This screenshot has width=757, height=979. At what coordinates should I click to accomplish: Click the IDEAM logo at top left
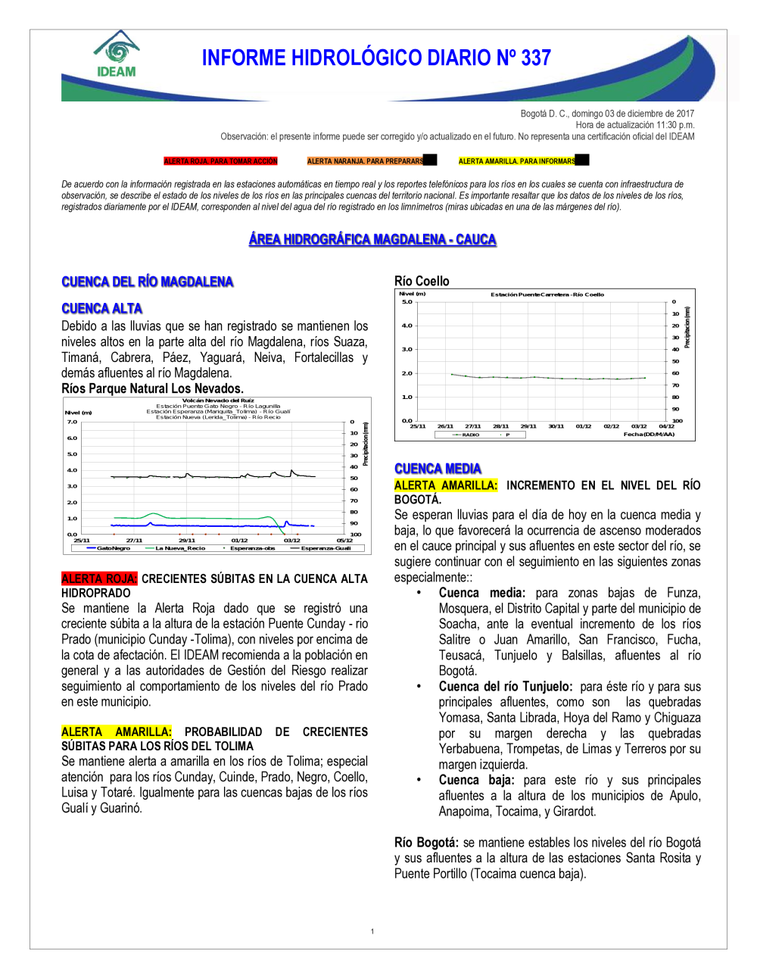tap(116, 55)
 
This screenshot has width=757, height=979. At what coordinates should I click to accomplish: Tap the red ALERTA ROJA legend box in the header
tap(221, 161)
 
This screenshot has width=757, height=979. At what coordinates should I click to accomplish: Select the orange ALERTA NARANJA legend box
tap(366, 161)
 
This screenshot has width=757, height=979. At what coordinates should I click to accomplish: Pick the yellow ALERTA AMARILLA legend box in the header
tap(517, 161)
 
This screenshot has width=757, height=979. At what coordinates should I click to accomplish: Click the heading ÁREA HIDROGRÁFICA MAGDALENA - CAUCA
tap(372, 240)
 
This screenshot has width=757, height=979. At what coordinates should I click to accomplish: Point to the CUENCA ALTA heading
tap(102, 308)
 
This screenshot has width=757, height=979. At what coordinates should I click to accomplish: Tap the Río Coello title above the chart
tap(422, 281)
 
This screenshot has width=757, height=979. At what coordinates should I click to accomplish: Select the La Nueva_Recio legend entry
tap(179, 548)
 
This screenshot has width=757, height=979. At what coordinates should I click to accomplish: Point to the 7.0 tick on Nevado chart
tap(72, 422)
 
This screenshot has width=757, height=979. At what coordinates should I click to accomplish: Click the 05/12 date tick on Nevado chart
tap(344, 541)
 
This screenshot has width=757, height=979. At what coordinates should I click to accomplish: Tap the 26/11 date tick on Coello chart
tap(445, 426)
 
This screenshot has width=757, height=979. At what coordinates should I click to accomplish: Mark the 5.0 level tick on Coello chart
tap(407, 302)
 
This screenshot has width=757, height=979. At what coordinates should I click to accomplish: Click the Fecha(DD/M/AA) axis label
tap(649, 435)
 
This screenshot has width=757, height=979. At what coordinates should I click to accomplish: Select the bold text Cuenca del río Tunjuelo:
tap(506, 687)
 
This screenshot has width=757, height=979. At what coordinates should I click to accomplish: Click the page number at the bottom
tap(372, 931)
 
